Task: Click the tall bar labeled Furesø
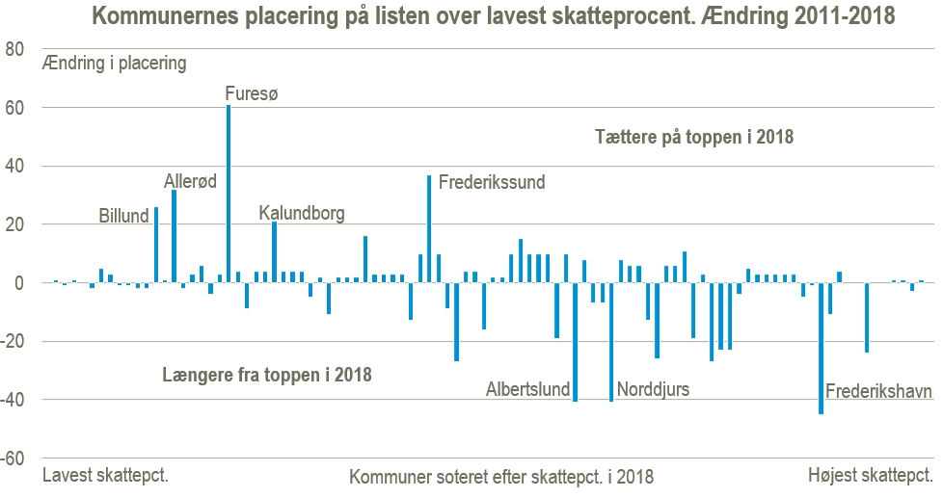point(229,194)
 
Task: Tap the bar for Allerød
point(174,236)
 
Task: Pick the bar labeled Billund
point(156,245)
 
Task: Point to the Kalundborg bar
point(275,252)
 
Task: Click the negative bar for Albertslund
point(575,342)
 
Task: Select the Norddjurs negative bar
point(611,342)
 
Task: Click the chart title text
point(493,15)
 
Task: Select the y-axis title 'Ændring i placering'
point(114,66)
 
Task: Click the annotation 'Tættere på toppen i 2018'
point(692,137)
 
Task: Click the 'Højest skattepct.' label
point(869,476)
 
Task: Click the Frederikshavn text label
point(879,392)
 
